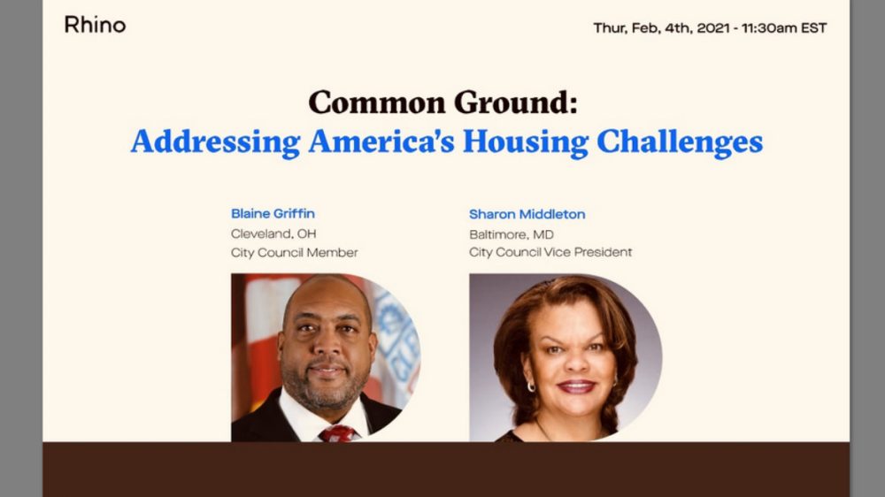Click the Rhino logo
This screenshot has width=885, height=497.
95,25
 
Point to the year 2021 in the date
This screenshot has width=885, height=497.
712,27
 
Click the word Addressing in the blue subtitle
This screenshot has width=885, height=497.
215,141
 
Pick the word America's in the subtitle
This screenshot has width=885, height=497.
381,141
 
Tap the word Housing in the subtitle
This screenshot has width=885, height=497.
526,141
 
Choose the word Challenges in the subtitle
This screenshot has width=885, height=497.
680,141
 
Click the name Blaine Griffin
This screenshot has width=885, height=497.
273,213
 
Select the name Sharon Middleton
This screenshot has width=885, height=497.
527,214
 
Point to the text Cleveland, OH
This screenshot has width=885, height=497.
273,233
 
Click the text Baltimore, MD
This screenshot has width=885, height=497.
512,234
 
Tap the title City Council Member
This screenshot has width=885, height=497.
294,253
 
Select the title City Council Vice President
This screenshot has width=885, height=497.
550,252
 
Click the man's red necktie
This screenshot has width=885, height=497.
337,434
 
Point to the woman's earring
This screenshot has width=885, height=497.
531,387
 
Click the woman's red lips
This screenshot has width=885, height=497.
576,387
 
